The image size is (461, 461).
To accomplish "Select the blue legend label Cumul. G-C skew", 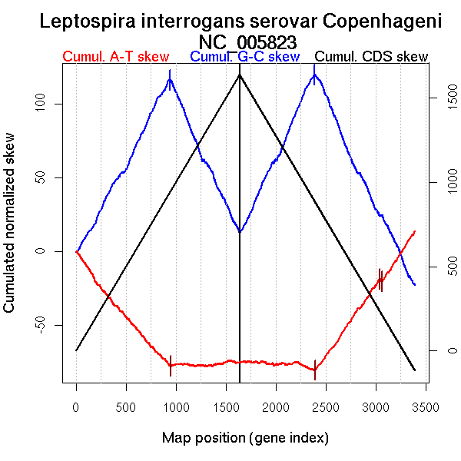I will (244, 57).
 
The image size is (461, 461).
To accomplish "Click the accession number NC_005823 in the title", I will (247, 41).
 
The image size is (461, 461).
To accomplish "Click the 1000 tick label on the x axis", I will (176, 406).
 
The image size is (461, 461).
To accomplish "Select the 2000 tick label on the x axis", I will (276, 406).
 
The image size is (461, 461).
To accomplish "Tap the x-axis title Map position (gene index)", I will (245, 438).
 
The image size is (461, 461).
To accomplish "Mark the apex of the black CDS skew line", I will (240, 75).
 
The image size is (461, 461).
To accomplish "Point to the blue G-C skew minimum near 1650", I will (240, 231).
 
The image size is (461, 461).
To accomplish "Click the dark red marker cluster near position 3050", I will (380, 280).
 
